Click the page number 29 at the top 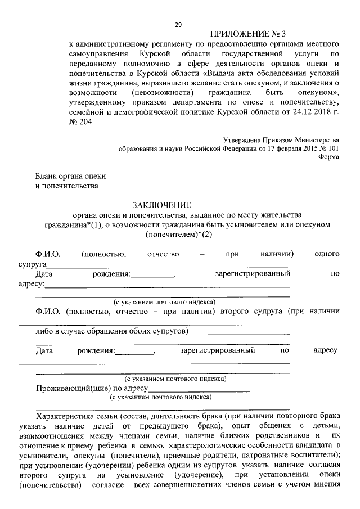[178, 24]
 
